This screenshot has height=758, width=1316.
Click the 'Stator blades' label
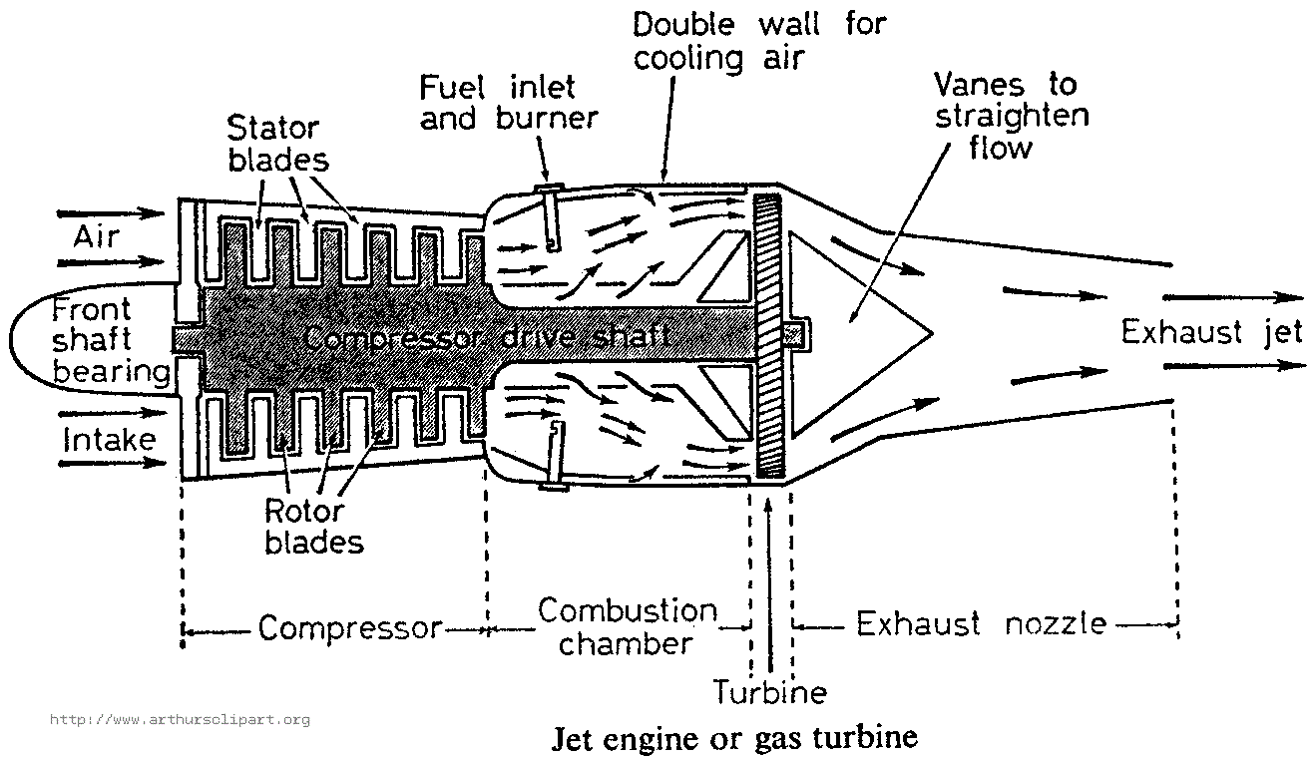pos(273,144)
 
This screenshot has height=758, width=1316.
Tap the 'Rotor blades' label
pos(303,526)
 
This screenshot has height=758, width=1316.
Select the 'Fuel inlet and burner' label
pos(508,103)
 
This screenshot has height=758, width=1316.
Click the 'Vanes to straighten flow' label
pos(1009,116)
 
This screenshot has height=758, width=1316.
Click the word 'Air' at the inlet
pos(96,237)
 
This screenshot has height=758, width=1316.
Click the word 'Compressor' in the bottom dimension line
pos(349,628)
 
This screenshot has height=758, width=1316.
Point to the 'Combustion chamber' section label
pos(627,626)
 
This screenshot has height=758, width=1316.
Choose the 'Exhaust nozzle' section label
pos(982,625)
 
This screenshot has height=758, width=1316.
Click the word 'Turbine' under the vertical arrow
pos(769,691)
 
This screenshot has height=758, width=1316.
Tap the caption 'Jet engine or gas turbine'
pos(733,739)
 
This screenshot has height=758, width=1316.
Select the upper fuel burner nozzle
pos(549,219)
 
